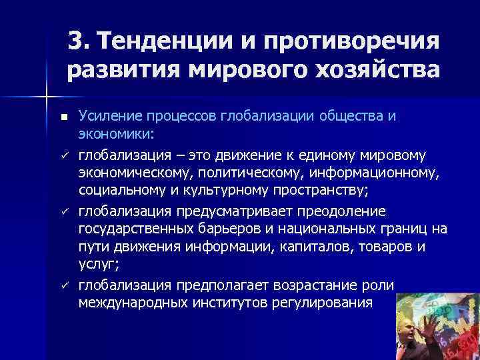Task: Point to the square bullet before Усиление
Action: point(63,117)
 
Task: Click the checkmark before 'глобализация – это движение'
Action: point(63,155)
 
